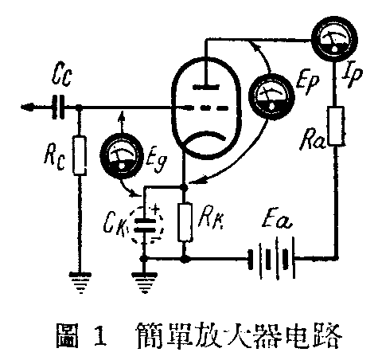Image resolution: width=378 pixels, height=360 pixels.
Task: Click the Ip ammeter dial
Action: [x=329, y=40]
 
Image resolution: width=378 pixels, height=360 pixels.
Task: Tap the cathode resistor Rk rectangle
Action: [x=185, y=222]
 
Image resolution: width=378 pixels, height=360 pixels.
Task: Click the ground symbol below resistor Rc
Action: [x=80, y=280]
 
